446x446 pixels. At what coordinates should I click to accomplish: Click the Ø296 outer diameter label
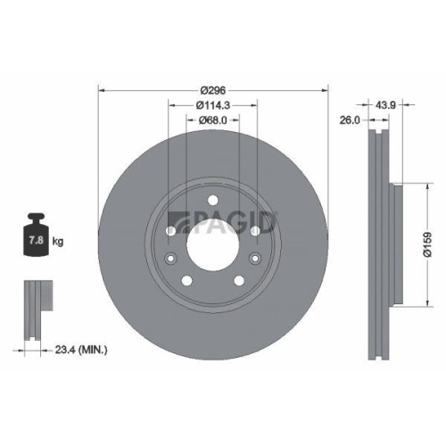pos(213,90)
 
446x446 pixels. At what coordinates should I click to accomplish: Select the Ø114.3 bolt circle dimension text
pos(212,105)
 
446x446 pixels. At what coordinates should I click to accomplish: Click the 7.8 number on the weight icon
pos(37,240)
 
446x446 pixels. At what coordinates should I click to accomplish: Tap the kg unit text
pos(59,241)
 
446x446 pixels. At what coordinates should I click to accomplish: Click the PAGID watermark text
pos(234,219)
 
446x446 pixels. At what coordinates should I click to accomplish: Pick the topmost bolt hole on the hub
pos(212,199)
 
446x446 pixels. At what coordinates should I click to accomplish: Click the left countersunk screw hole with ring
pos(170,258)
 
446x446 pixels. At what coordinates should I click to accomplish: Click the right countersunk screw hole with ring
pos(255,258)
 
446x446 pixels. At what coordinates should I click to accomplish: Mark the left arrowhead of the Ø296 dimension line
pos(101,90)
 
